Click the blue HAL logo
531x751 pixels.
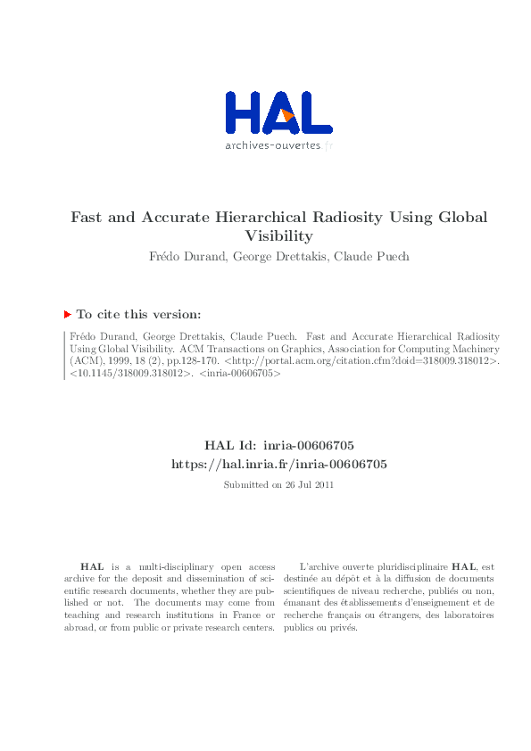tap(278, 113)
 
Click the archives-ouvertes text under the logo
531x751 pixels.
tap(272, 145)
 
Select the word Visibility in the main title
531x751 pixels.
tap(278, 236)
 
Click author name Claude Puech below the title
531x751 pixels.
tap(378, 257)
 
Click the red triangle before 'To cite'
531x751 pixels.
tap(67, 314)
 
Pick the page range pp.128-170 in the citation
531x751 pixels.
tap(189, 362)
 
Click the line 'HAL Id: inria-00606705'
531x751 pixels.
tap(278, 444)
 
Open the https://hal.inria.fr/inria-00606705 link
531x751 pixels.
tap(278, 464)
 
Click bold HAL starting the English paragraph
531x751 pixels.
tap(91, 566)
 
